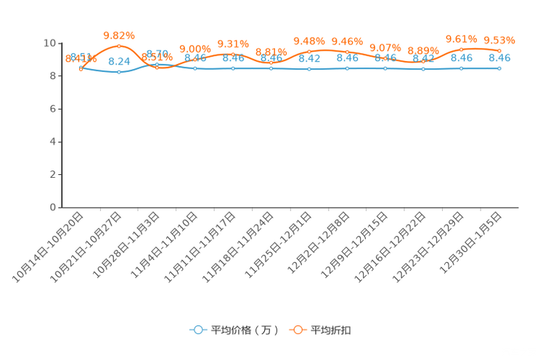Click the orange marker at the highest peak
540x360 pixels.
click(x=119, y=46)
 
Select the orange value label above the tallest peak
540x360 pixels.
click(x=118, y=34)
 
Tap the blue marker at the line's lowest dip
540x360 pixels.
click(x=119, y=72)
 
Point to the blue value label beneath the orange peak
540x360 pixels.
click(x=118, y=61)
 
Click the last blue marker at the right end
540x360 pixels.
click(x=499, y=68)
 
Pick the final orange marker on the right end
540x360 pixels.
click(x=499, y=50)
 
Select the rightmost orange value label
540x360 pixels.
click(x=499, y=39)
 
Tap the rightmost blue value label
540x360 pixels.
click(x=499, y=57)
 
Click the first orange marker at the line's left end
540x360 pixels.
click(x=81, y=68)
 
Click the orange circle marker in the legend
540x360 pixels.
click(x=298, y=330)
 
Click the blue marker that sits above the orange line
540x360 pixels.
click(x=157, y=64)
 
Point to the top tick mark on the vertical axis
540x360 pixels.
click(x=61, y=42)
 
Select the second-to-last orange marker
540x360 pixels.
click(x=461, y=49)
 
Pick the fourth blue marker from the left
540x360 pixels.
click(x=195, y=68)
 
